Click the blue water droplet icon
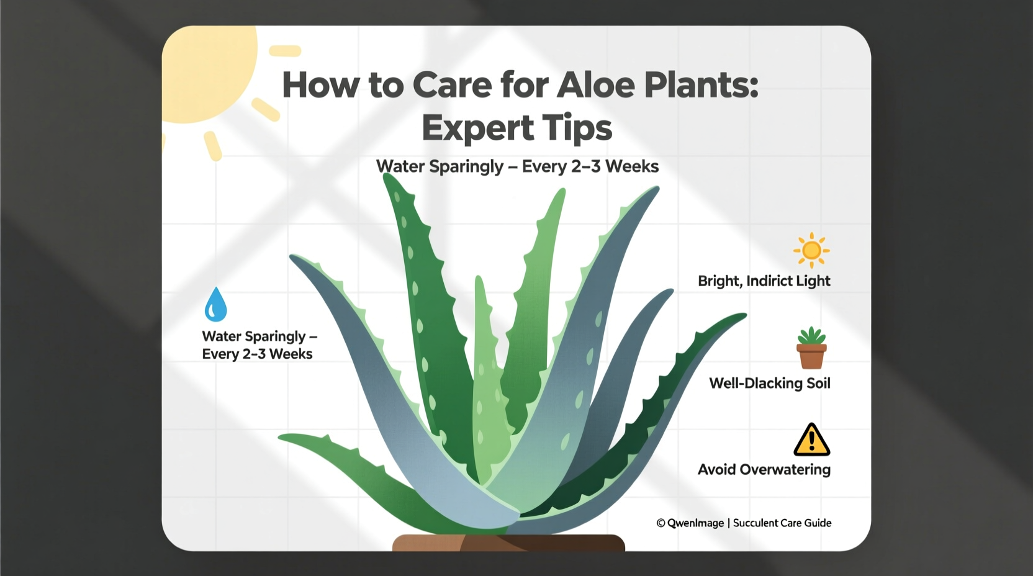pos(215,304)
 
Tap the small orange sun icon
pos(811,250)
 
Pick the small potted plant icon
pos(811,348)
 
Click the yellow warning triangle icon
pos(811,439)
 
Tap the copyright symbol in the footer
pos(661,523)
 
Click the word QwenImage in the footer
pos(695,523)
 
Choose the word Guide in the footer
pos(818,523)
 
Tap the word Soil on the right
pos(818,384)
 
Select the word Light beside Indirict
pos(813,281)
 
